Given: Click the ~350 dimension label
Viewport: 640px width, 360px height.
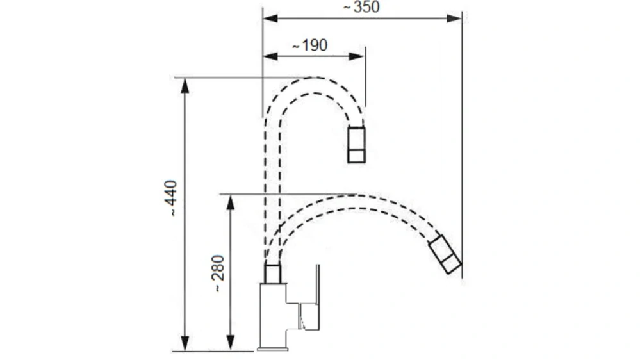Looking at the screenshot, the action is pos(361,7).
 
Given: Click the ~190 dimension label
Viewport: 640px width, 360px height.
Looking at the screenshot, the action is pos(310,45).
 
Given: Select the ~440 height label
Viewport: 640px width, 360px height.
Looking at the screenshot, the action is pos(170,199).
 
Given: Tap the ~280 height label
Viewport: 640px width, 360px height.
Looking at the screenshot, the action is pos(218,274).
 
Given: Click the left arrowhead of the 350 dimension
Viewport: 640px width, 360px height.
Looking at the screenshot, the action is pos(270,19).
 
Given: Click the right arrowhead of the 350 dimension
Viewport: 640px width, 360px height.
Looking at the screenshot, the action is pos(454,19).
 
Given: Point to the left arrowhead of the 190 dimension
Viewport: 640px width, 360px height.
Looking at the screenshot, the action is pos(270,56).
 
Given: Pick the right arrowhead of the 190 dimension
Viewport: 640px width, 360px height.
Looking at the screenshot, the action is pos(357,56).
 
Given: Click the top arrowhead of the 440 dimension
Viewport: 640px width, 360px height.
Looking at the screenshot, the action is pos(185,86).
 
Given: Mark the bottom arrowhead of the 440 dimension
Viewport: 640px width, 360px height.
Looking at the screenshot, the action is pos(185,343).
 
